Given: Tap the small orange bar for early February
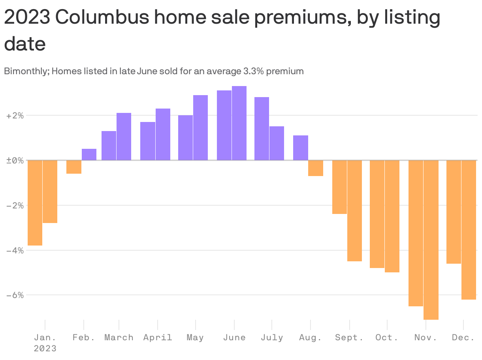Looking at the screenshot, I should tap(74, 167).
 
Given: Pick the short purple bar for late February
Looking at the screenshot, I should tap(89, 155).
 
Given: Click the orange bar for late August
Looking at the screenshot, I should tap(316, 168).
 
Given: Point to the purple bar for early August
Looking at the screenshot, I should tap(301, 148).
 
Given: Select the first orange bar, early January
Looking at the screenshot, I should tap(35, 202).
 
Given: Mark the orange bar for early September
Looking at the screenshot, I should tap(339, 187).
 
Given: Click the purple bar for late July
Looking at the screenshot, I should tap(277, 143).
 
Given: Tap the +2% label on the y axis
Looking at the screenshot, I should tap(15, 116).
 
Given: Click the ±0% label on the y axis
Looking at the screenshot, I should tap(15, 161).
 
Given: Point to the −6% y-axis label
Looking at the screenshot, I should tap(15, 295).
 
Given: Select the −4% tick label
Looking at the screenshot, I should tap(15, 250).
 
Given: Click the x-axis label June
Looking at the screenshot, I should tap(234, 337).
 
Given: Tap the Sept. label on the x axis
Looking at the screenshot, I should tap(349, 337).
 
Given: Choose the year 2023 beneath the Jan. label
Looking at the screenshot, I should tap(45, 349).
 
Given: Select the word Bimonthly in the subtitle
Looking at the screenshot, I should tap(25, 71).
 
